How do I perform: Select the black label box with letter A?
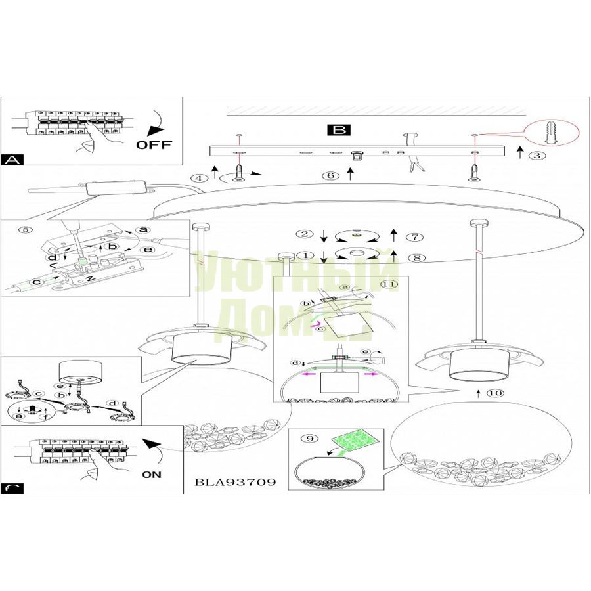click(x=11, y=160)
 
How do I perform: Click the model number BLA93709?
click(x=234, y=482)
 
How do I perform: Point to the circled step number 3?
click(x=538, y=156)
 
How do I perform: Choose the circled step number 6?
click(x=331, y=175)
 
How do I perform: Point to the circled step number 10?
click(x=494, y=393)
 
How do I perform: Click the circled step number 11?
click(x=390, y=284)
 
